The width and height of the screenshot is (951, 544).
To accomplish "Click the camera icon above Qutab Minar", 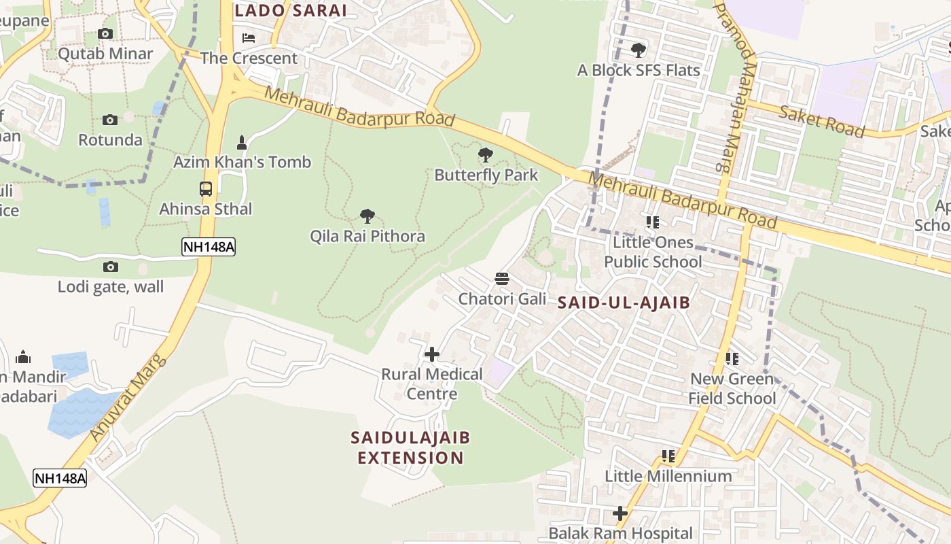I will coord(105,33).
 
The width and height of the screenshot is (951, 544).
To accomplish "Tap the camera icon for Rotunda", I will coord(109,120).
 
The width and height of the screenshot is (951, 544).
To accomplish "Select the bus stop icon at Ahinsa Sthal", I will coord(206,189).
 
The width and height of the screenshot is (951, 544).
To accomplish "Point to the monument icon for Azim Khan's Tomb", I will coord(241,143).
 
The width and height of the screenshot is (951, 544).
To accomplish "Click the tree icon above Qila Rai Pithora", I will coord(367,217).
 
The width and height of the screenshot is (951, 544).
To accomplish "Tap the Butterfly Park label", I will coord(486,175).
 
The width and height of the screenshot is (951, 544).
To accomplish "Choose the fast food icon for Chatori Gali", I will coord(502,279).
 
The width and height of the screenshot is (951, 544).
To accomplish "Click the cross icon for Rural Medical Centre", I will coord(432,354).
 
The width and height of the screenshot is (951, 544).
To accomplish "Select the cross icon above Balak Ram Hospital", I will coord(620,513).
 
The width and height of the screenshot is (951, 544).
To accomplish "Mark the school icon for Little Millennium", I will coord(668,456).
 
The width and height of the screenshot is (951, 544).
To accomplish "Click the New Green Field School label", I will coord(732,388).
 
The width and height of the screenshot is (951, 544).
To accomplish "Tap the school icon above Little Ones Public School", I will coord(653,222).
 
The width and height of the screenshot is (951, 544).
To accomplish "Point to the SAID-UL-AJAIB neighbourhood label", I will coord(624,303).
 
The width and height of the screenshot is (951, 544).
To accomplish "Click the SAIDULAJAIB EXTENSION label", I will coord(410,447).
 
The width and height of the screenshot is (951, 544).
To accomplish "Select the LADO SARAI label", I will coord(290,10).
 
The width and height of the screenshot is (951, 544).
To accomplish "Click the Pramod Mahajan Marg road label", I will coord(734,85).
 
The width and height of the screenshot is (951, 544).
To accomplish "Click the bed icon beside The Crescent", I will coord(249,37).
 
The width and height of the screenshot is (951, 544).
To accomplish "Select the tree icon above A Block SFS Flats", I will coord(638,50).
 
